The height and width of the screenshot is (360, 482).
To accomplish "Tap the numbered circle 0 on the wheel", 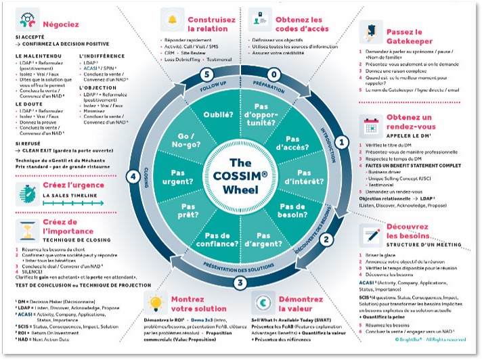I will pos(273,73).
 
